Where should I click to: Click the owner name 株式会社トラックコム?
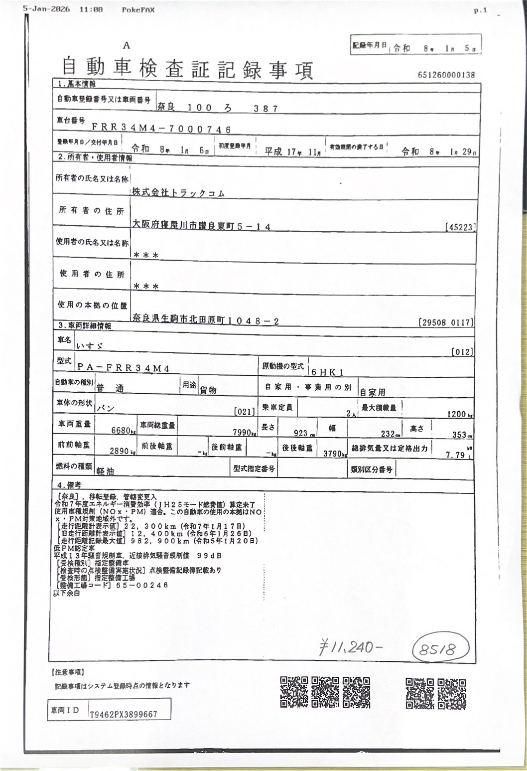(x=178, y=193)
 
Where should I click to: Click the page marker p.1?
(x=480, y=11)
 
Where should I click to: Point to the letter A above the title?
(x=127, y=45)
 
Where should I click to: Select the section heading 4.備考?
(x=69, y=484)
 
